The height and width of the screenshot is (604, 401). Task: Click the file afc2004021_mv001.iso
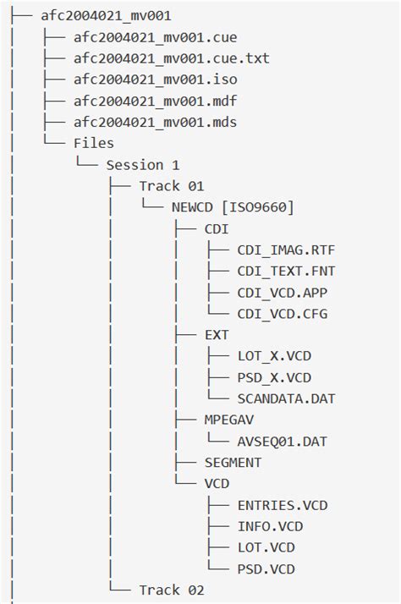[x=155, y=80]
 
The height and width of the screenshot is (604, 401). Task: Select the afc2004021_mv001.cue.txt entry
[x=172, y=58]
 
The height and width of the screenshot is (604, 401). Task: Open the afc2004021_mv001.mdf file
[x=155, y=101]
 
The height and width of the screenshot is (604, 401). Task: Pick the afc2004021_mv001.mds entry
[x=155, y=122]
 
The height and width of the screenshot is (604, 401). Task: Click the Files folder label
[x=94, y=143]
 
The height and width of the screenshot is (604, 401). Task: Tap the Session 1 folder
[x=142, y=165]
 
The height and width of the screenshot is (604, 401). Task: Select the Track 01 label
[x=172, y=186]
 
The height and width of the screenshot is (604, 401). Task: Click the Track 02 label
[x=172, y=590]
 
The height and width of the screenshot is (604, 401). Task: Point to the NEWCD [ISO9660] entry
[x=233, y=207]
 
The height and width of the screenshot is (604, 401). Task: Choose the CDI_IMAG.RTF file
[x=286, y=250]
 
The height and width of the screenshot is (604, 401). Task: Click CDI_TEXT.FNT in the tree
[x=286, y=272]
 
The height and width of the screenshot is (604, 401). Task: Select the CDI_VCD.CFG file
[x=283, y=314]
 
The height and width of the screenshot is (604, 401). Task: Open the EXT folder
[x=217, y=335]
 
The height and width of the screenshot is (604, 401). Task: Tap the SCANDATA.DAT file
[x=286, y=398]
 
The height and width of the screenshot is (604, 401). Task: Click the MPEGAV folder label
[x=228, y=420]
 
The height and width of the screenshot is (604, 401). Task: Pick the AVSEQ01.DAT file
[x=283, y=441]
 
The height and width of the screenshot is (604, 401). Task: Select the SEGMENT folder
[x=233, y=462]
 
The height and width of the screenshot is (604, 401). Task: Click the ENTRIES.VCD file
[x=283, y=505]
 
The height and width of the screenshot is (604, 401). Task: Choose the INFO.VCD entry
[x=270, y=526]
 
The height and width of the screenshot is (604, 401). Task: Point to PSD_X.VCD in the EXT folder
[x=274, y=377]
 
